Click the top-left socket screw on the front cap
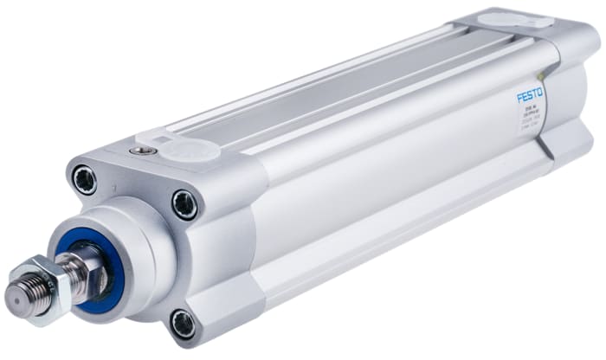[x=85, y=180]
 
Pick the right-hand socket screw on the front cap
[x=185, y=204]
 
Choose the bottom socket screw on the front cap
[x=183, y=324]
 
